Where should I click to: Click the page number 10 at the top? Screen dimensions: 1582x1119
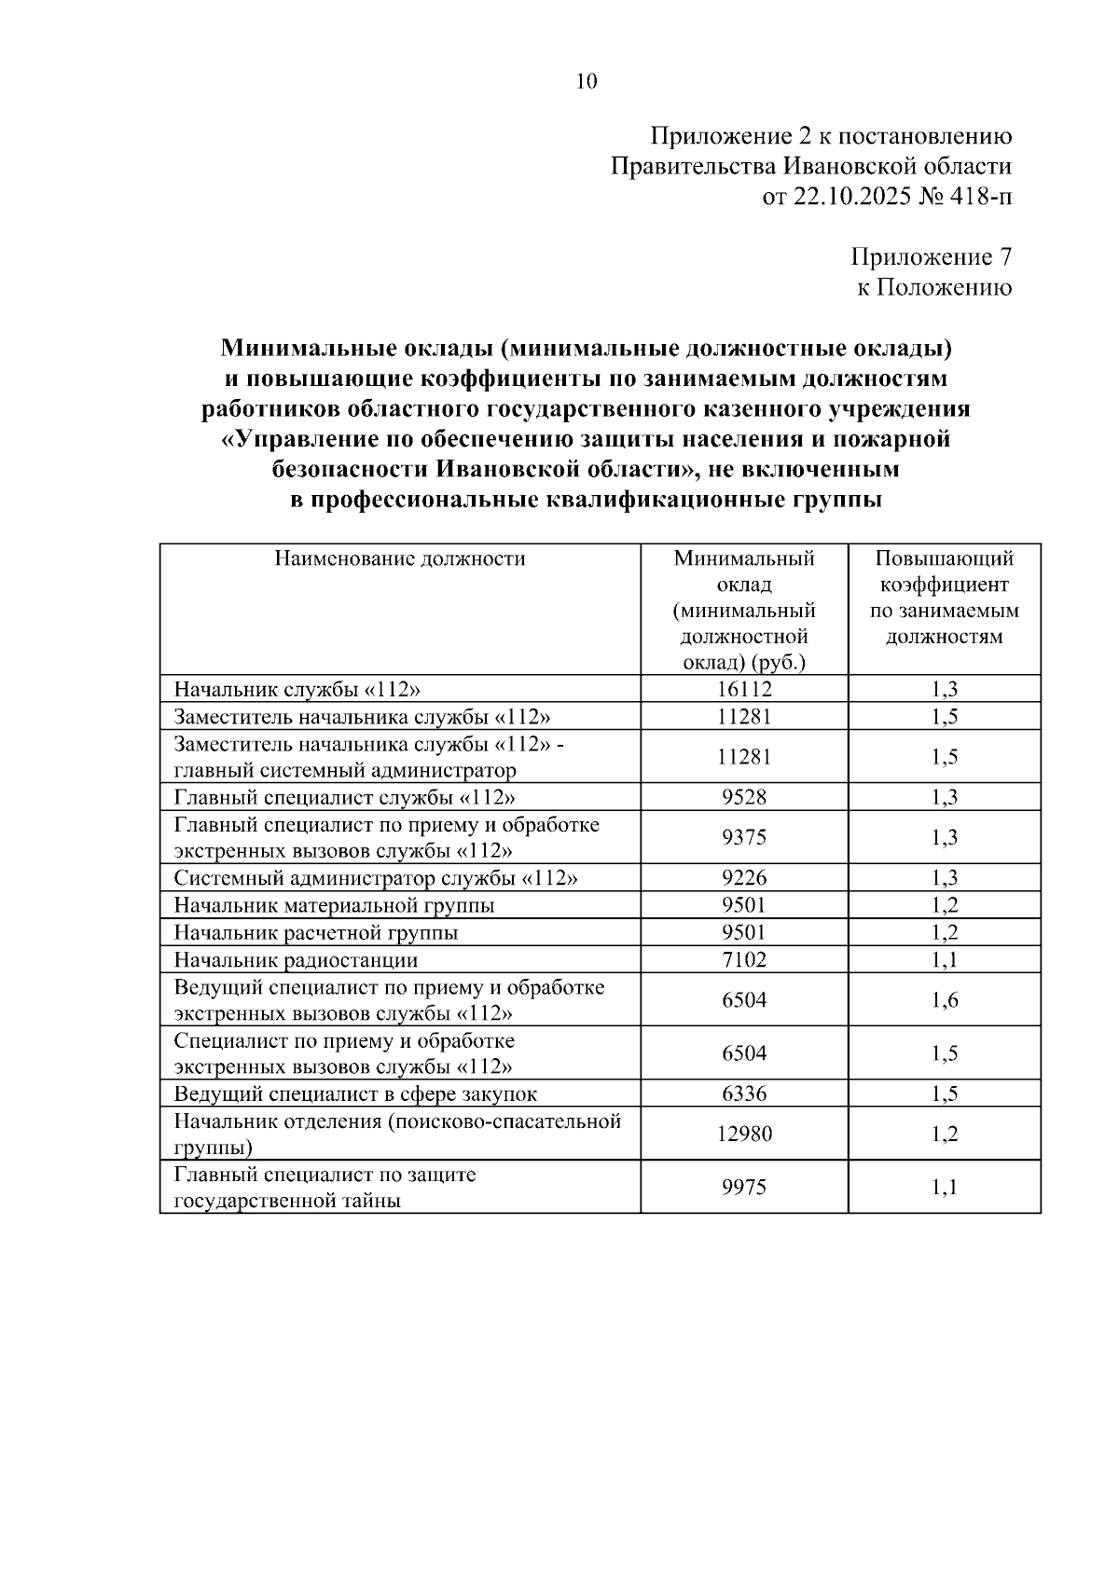[x=587, y=82]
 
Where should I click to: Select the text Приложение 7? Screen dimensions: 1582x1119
[x=932, y=256]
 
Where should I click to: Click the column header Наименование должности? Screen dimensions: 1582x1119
[x=399, y=558]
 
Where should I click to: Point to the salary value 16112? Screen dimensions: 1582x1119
[x=744, y=689]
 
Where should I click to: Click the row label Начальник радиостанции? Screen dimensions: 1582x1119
[x=296, y=959]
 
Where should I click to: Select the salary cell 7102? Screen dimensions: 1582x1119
[x=744, y=959]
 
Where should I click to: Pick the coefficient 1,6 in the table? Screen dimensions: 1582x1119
[x=945, y=1000]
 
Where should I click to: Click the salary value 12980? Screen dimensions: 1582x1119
[x=744, y=1134]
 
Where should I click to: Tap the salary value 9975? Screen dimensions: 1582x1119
[x=744, y=1187]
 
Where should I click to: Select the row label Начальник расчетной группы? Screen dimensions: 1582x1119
[x=316, y=932]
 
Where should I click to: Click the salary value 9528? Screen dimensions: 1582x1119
[x=744, y=797]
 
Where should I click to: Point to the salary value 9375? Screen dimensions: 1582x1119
[x=744, y=837]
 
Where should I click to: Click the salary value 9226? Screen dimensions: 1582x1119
[x=744, y=878]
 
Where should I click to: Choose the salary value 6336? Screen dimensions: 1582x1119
[x=744, y=1094]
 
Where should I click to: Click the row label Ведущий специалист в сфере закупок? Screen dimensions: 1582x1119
[x=355, y=1094]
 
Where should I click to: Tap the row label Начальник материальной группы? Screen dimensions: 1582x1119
[x=334, y=905]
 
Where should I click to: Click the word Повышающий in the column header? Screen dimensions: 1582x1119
[x=945, y=558]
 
